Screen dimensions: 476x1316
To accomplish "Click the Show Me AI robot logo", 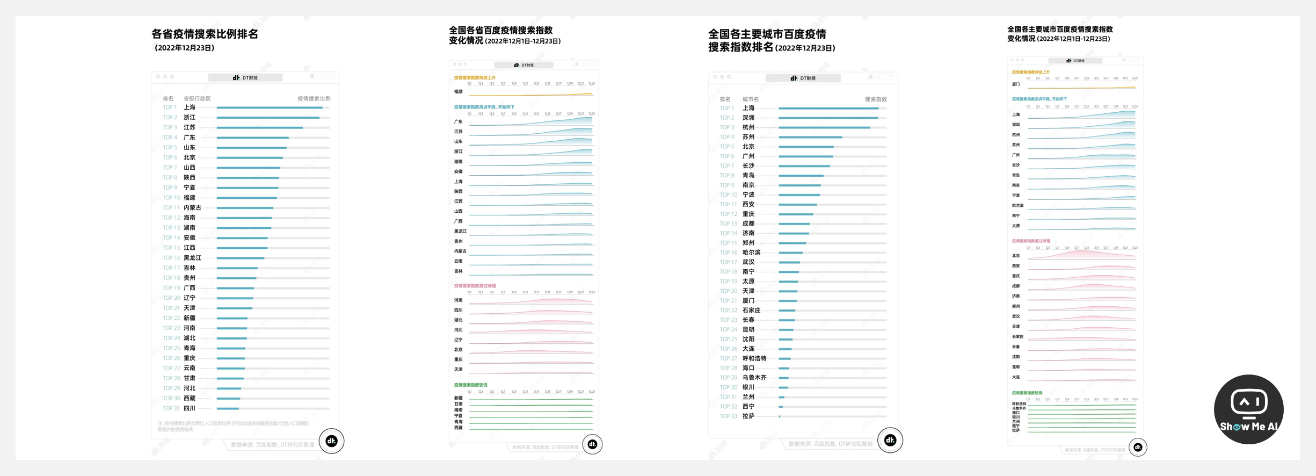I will click(x=1248, y=409).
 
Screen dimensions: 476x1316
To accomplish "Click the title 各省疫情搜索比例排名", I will click(x=205, y=34).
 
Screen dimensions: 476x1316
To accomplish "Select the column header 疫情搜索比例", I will click(x=314, y=99).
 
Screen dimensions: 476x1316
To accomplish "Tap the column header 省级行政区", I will click(x=197, y=99).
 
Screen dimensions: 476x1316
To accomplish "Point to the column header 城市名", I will click(x=750, y=99).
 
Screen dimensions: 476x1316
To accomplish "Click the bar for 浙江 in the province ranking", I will click(x=268, y=118).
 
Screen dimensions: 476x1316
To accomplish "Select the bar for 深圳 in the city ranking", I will click(x=828, y=118).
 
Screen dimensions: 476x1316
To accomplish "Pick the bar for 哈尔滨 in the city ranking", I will click(x=790, y=253).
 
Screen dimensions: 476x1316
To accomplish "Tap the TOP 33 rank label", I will click(x=728, y=416).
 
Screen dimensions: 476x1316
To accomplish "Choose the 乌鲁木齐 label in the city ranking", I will click(x=754, y=378).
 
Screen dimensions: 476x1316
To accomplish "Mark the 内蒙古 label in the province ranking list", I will click(x=192, y=208).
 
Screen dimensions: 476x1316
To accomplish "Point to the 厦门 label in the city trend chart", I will click(x=1015, y=84).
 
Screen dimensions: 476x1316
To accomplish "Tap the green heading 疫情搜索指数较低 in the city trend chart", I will click(x=1027, y=393).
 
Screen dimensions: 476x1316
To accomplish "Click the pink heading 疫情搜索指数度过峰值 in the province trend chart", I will click(x=475, y=286).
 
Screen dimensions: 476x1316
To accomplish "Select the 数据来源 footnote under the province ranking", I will click(x=272, y=445).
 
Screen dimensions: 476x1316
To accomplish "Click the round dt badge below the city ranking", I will click(x=890, y=441).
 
